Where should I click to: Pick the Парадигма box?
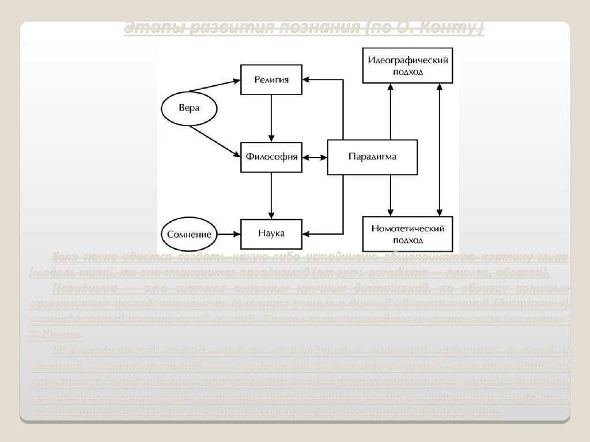pyautogui.click(x=372, y=157)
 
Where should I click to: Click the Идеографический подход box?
pyautogui.click(x=407, y=66)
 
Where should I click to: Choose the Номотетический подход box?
pyautogui.click(x=407, y=234)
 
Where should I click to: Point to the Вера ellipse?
pyautogui.click(x=188, y=109)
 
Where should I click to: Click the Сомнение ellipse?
pyautogui.click(x=189, y=234)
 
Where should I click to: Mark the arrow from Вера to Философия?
pyautogui.click(x=214, y=141)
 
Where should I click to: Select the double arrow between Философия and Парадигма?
pyautogui.click(x=315, y=157)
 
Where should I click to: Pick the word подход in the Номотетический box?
pyautogui.click(x=407, y=239)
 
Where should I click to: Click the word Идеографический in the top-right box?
pyautogui.click(x=407, y=60)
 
